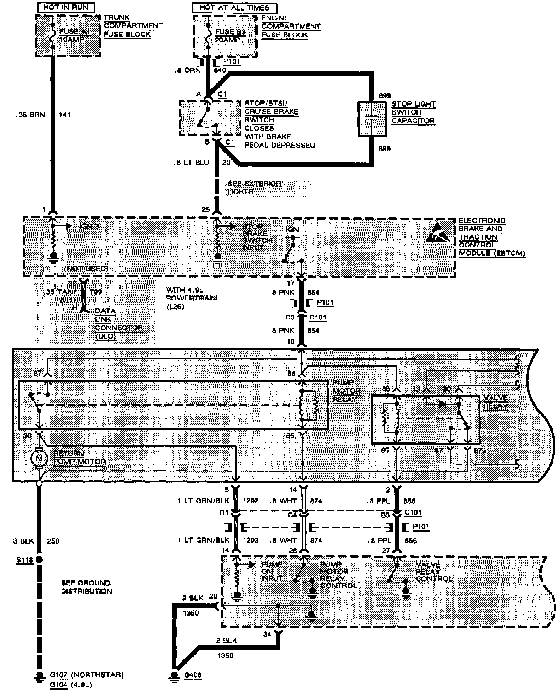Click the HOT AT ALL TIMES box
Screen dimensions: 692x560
[x=234, y=7]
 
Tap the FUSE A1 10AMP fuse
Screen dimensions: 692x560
[x=52, y=35]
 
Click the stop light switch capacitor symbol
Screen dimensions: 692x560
[x=372, y=119]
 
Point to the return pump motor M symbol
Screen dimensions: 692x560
[x=39, y=459]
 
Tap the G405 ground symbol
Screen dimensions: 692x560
[x=174, y=675]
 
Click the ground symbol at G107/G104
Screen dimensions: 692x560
[x=39, y=675]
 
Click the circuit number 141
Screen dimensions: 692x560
[x=65, y=115]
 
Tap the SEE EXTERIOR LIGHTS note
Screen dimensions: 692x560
[x=254, y=188]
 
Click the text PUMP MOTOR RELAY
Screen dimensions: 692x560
[x=346, y=391]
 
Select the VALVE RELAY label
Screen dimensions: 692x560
[x=495, y=401]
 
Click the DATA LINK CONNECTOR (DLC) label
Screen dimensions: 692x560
[x=119, y=323]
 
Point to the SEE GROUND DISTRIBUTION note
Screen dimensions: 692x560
[x=86, y=587]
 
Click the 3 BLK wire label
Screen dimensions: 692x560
[x=23, y=541]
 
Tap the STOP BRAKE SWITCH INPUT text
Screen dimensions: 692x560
[x=257, y=237]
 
